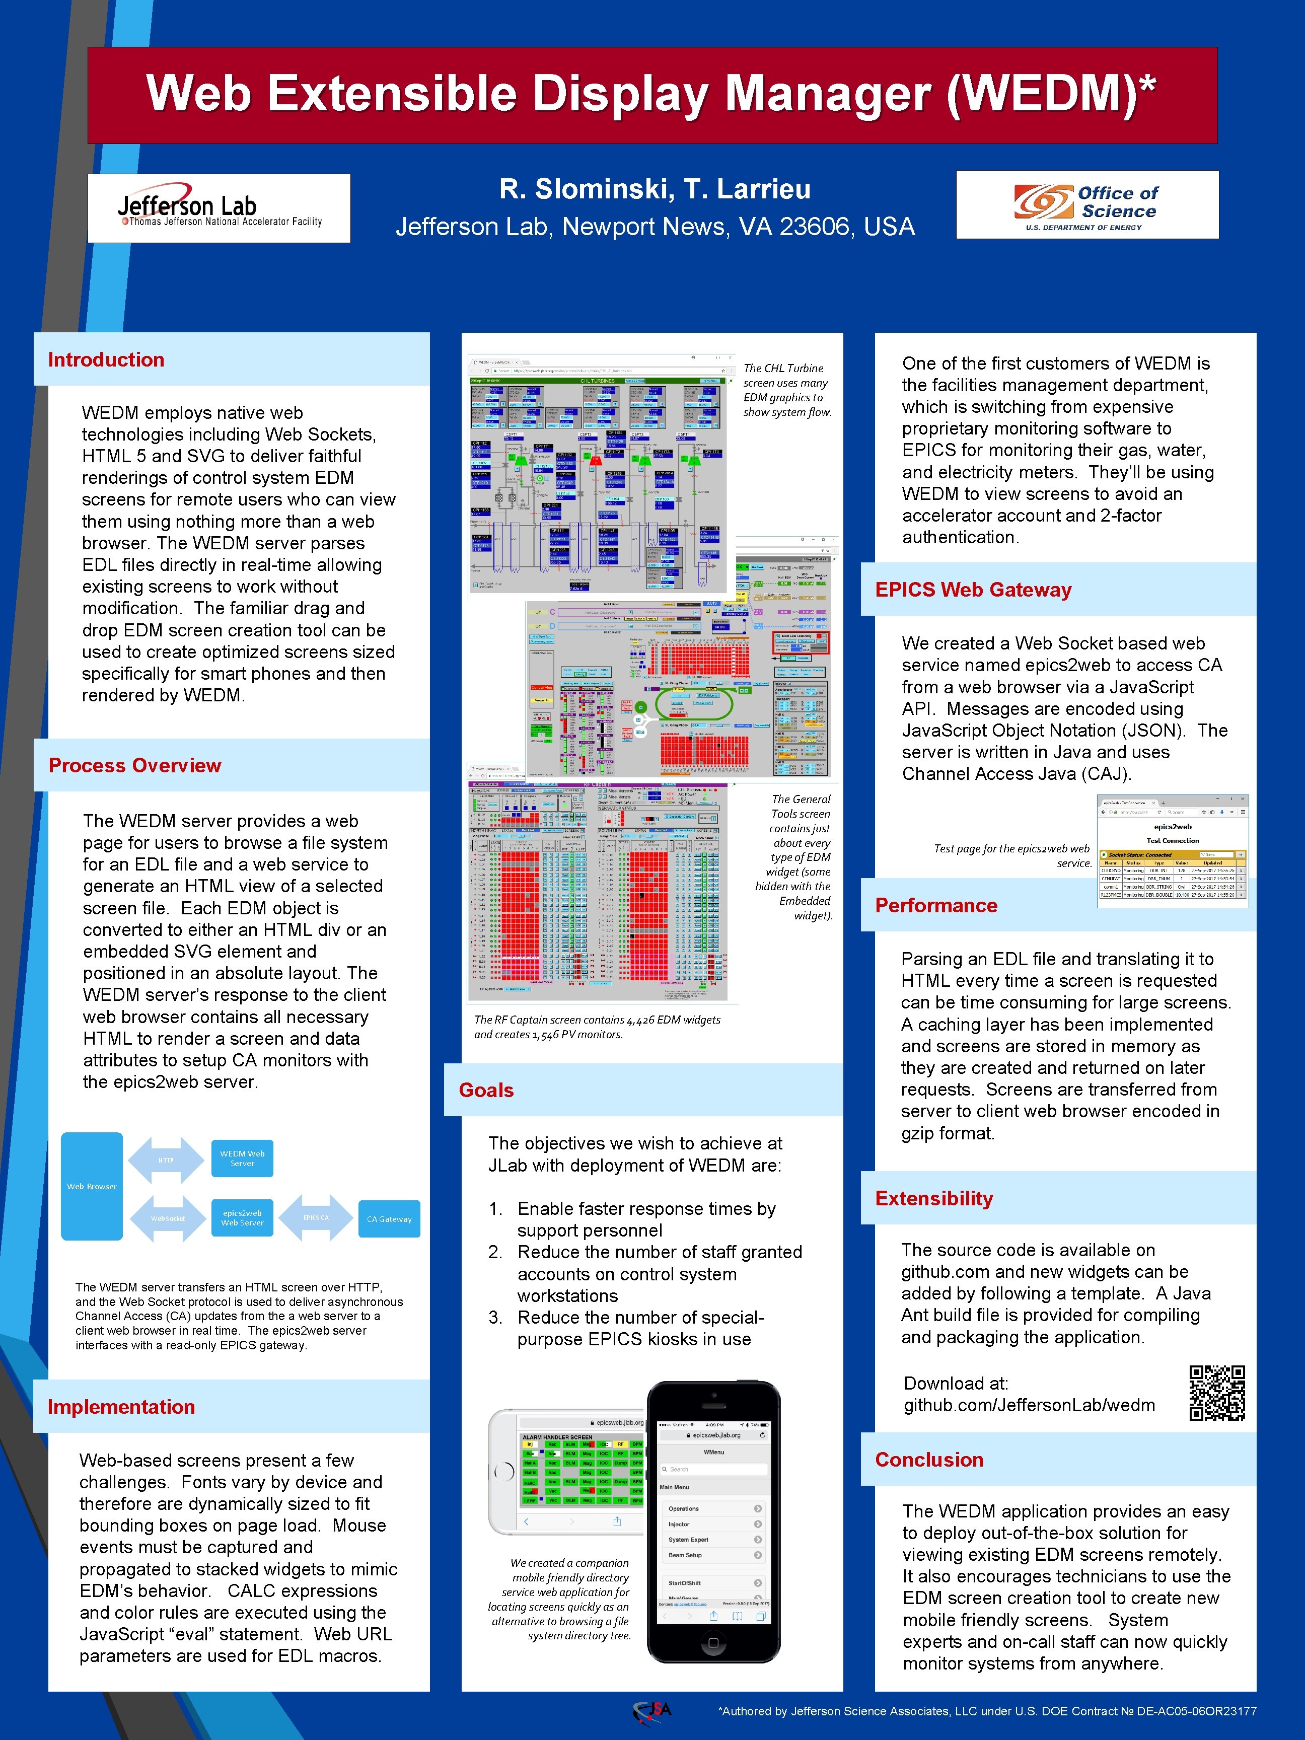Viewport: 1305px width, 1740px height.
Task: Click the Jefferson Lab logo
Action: pyautogui.click(x=219, y=208)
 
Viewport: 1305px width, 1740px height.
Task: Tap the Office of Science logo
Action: pyautogui.click(x=1086, y=204)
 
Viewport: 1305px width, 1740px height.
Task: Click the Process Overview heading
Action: pyautogui.click(x=134, y=765)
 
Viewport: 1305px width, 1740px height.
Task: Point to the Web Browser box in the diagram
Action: pyautogui.click(x=92, y=1186)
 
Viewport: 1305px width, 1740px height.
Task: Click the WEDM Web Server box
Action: pyautogui.click(x=242, y=1158)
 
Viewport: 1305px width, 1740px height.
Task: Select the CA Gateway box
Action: pyautogui.click(x=389, y=1218)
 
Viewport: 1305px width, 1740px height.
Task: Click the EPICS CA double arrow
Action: pyautogui.click(x=316, y=1218)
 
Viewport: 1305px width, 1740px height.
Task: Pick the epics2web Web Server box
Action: pyautogui.click(x=242, y=1218)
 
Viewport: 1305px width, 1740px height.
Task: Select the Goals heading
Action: pyautogui.click(x=486, y=1090)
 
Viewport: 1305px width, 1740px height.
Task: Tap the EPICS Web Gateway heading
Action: pyautogui.click(x=973, y=590)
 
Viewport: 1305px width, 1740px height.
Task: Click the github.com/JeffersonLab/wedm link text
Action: pyautogui.click(x=1029, y=1405)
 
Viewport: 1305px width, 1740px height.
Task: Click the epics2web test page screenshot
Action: pyautogui.click(x=1172, y=851)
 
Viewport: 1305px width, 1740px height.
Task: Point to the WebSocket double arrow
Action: pyautogui.click(x=168, y=1218)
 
